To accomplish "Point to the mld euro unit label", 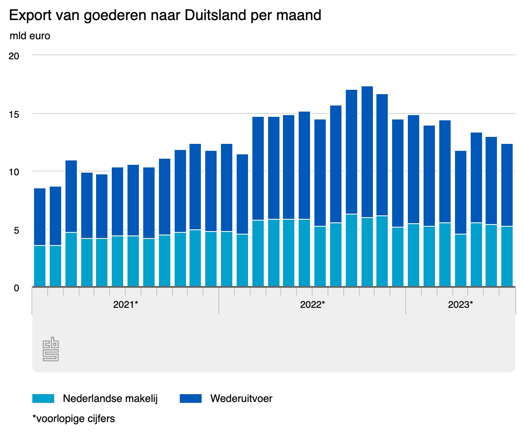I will coord(30,36).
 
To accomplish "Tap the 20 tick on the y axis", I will coord(14,55).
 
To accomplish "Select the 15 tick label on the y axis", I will coord(14,114).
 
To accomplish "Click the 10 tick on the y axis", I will coord(14,172).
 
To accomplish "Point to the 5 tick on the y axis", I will coord(16,230).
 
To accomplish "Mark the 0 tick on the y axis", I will coord(16,288).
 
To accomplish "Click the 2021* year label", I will coord(125,304).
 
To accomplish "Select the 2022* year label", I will coord(312,304).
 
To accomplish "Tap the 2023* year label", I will coord(460,304).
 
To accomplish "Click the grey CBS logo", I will coord(51,349).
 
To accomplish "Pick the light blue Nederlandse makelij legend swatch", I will coord(43,399).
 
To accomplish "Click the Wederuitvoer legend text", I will coord(241,399).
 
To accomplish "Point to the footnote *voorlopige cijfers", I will coord(74,419).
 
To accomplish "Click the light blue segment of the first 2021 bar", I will coord(40,266).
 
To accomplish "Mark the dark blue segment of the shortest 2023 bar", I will coord(461,192).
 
